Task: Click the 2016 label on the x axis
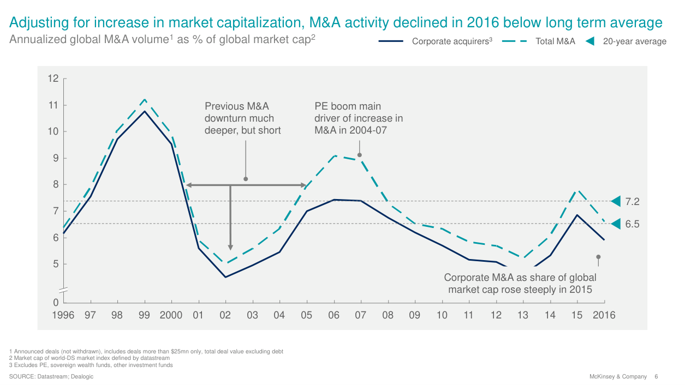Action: [x=604, y=315]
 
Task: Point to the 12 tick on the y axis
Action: [x=53, y=79]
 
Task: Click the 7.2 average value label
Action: [x=632, y=202]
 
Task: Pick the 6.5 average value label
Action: [x=632, y=224]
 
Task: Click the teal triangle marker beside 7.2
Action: [x=616, y=201]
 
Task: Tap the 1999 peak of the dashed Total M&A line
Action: [x=145, y=99]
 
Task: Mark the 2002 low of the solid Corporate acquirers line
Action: [x=225, y=277]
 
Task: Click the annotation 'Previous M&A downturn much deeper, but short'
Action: [x=242, y=118]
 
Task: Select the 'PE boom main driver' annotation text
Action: [x=358, y=118]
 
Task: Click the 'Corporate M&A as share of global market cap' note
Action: [x=520, y=284]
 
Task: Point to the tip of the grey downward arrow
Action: [x=230, y=249]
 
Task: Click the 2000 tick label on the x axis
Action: [x=171, y=315]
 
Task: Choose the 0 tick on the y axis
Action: [x=56, y=302]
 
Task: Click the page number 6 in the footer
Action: [x=656, y=377]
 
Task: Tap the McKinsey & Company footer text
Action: [x=618, y=377]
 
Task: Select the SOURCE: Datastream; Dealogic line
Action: [x=51, y=377]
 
